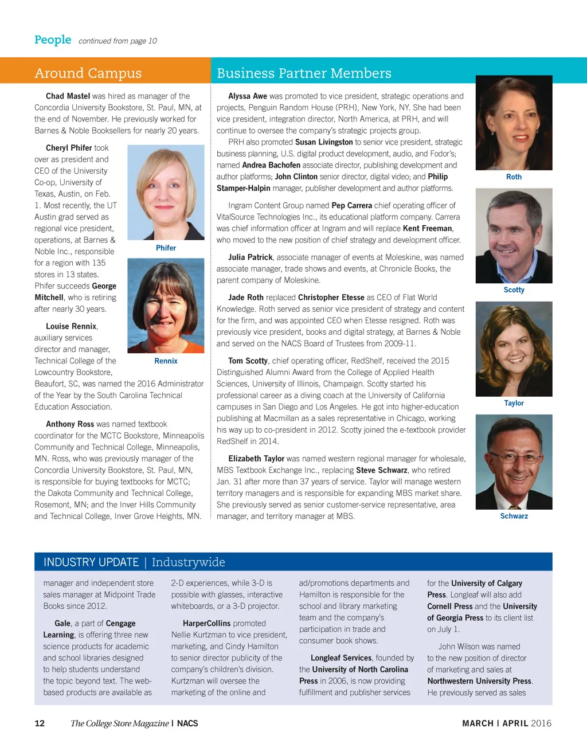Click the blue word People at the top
[x=53, y=40]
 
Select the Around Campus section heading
[x=88, y=73]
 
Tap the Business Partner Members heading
[x=304, y=73]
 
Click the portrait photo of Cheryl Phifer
[x=166, y=192]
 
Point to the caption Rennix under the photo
[x=166, y=361]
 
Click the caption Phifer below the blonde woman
[x=166, y=248]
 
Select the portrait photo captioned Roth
[x=514, y=123]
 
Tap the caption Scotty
[x=514, y=290]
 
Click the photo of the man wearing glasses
[x=514, y=462]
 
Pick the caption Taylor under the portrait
[x=514, y=404]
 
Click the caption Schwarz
[x=514, y=517]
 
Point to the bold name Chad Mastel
[x=68, y=96]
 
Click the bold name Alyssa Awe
[x=248, y=96]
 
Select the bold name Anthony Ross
[x=70, y=424]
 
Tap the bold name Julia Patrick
[x=251, y=257]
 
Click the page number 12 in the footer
[x=40, y=723]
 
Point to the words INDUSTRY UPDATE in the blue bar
[x=91, y=562]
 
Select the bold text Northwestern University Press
[x=479, y=681]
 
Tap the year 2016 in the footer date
[x=541, y=723]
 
